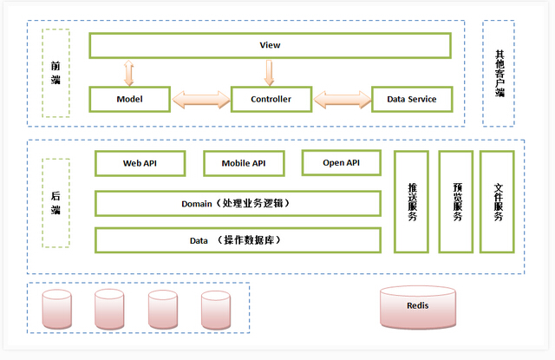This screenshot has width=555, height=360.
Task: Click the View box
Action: click(x=270, y=45)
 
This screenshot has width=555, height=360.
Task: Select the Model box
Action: click(x=129, y=99)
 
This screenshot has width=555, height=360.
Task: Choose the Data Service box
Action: click(x=411, y=99)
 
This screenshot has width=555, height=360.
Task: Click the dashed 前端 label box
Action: click(x=55, y=73)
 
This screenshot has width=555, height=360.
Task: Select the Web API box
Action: click(x=140, y=163)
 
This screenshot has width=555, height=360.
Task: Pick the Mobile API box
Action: click(x=243, y=163)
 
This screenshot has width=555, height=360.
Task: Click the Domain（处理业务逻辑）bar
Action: click(x=237, y=203)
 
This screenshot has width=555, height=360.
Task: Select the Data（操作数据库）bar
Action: click(x=237, y=239)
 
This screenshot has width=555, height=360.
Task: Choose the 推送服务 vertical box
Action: click(x=412, y=201)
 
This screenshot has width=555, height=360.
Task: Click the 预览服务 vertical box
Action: click(x=456, y=201)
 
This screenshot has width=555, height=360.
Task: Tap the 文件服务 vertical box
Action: click(x=498, y=201)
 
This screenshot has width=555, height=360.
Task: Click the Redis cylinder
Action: click(x=417, y=306)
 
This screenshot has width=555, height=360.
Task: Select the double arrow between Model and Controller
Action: click(x=199, y=99)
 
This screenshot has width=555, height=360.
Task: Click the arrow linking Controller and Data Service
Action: click(x=343, y=99)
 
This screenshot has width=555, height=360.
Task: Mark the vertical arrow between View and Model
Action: click(x=129, y=72)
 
